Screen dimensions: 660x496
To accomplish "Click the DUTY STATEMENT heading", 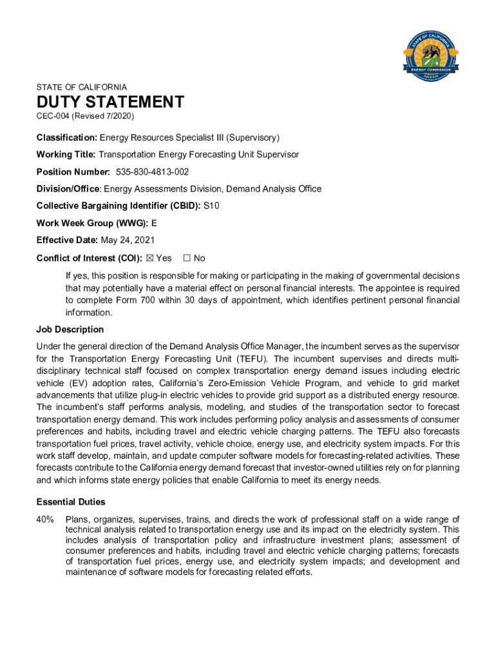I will tap(110, 102).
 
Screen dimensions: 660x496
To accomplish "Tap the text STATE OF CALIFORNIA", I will tap(82, 87).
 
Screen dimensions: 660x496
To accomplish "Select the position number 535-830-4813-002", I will tap(153, 172).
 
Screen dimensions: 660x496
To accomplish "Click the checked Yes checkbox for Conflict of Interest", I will tap(149, 258).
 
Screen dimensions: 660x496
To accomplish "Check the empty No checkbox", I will tap(187, 258).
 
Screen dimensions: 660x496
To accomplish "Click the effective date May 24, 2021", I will tap(128, 240).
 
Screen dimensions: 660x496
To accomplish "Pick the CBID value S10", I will tap(211, 206).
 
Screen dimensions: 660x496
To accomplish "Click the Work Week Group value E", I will tap(154, 224).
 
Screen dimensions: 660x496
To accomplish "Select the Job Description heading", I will tap(70, 330).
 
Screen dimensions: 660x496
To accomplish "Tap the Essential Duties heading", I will tap(71, 502).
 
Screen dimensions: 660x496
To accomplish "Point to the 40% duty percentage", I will tap(46, 519).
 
